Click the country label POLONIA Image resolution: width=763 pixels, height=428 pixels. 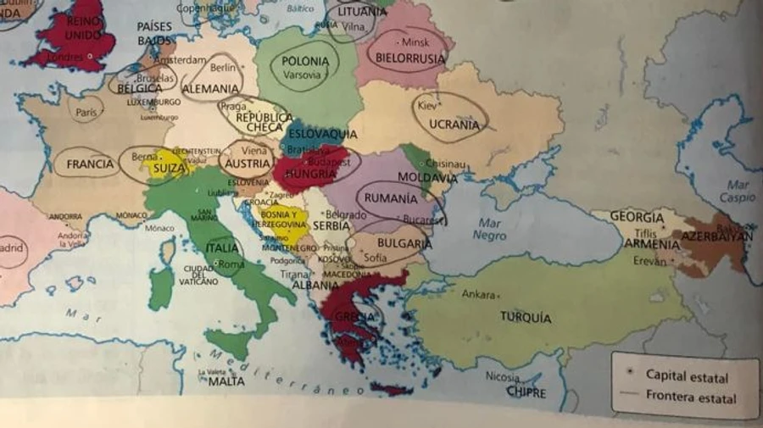click(305, 61)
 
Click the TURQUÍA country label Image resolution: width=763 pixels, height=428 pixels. click(526, 318)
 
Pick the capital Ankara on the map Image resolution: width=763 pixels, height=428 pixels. click(478, 295)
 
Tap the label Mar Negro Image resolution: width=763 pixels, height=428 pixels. click(490, 230)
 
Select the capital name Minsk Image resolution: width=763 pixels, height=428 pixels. click(415, 42)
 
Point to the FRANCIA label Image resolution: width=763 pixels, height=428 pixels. click(89, 164)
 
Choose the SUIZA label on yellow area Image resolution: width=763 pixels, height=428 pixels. click(170, 169)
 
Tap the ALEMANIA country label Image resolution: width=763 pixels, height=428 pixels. click(209, 88)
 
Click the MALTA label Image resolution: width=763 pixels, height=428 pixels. click(226, 381)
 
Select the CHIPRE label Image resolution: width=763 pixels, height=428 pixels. click(526, 392)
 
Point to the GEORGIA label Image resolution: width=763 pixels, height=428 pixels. click(637, 217)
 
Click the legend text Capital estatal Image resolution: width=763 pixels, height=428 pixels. click(687, 375)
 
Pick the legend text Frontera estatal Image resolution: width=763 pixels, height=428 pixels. click(690, 397)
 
